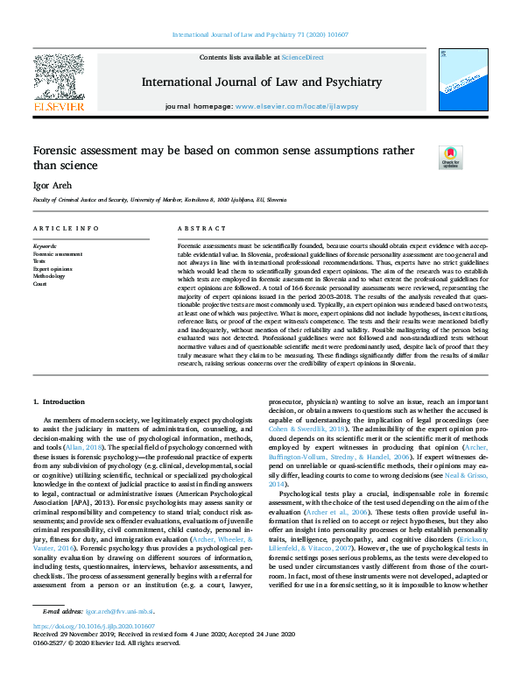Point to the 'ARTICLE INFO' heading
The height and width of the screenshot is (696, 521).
click(66, 229)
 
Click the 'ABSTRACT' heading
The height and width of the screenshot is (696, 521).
click(196, 229)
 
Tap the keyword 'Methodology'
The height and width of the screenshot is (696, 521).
click(48, 276)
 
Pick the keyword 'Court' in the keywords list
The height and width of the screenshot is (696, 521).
click(39, 284)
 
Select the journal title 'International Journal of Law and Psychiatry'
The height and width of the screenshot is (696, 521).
click(262, 82)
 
